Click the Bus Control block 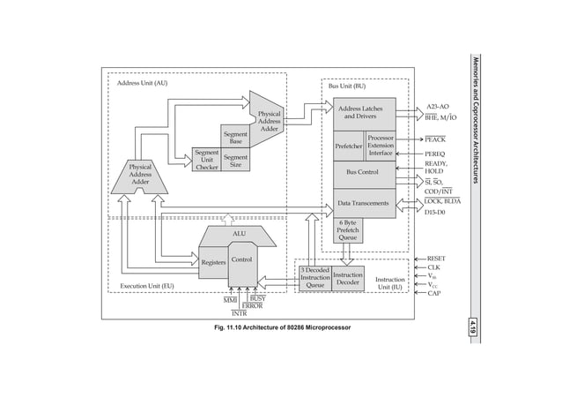(362, 172)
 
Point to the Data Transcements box (362, 203)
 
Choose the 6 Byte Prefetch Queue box (348, 229)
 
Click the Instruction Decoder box (347, 279)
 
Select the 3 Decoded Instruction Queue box (314, 278)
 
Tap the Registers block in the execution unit (213, 263)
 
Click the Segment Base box (235, 137)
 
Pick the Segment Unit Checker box (206, 160)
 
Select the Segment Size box (235, 161)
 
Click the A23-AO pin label (437, 106)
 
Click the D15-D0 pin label (436, 213)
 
